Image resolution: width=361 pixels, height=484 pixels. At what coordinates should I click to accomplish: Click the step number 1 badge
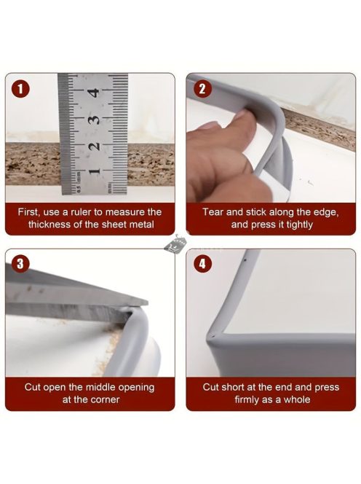point(20,89)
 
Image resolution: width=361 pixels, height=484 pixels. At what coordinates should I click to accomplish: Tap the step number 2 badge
point(202,89)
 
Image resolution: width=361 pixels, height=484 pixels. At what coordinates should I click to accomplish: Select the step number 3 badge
point(20,264)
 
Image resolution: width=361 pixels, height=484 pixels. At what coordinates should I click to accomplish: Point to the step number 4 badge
point(202,264)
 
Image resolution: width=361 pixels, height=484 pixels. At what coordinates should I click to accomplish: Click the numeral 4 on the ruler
point(93,93)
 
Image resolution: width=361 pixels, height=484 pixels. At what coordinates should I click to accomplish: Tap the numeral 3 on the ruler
point(93,120)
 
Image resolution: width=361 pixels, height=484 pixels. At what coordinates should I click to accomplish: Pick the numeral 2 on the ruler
point(94,145)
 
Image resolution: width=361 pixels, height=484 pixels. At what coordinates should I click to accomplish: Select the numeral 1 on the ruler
point(94,171)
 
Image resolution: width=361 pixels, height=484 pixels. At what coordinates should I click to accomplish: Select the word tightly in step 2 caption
point(299,225)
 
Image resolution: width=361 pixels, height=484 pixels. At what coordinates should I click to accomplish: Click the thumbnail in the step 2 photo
point(210,125)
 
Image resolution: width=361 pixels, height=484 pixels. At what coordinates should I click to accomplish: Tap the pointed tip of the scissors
point(146,302)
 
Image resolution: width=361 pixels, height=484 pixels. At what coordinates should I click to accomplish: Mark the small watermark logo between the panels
point(175,244)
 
